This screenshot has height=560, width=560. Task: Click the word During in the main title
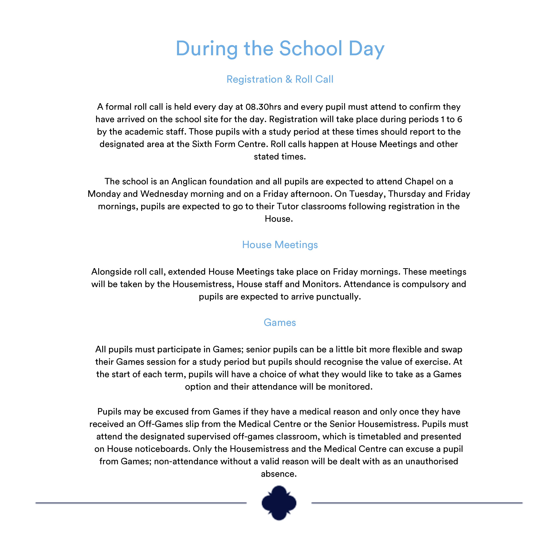(206, 49)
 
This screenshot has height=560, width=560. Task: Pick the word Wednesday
(164, 194)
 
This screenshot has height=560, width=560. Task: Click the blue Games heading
(280, 323)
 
